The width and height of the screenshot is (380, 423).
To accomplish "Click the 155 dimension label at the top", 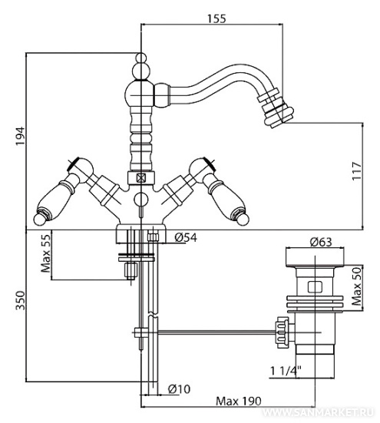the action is pos(216,18).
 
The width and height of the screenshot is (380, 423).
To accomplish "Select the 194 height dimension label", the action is pos(20,136).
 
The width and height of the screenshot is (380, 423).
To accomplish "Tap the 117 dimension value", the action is pos(356,171).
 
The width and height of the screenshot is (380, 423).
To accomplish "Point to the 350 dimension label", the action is pos(20,300).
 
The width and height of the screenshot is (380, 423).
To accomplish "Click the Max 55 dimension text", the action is pos(45,253).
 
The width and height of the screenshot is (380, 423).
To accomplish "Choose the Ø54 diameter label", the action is pos(186,237).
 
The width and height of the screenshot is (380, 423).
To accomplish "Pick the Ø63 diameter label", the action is pos(321,242).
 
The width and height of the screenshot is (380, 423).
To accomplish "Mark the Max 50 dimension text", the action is pos(356,286).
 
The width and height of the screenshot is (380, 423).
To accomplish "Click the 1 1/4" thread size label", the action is pos(286,372).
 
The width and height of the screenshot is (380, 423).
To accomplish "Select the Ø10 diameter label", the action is pos(179,388).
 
